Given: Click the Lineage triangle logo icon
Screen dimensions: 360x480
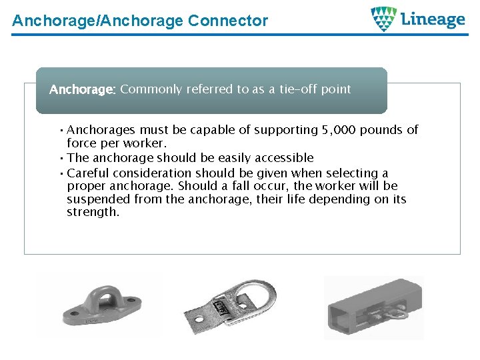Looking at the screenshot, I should [384, 19].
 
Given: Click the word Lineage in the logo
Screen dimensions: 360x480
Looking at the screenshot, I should [433, 19].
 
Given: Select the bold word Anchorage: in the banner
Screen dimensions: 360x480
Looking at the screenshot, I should [83, 89].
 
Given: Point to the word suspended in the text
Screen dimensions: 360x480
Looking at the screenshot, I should [98, 199].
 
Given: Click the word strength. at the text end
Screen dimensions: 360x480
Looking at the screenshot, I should [93, 213].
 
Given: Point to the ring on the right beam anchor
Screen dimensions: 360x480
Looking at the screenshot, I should [396, 311].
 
